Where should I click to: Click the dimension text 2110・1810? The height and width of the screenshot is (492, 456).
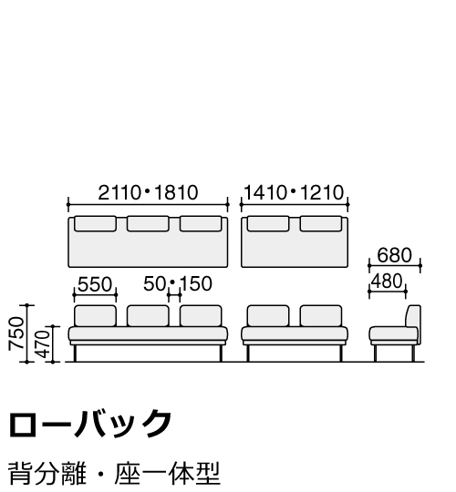(x=148, y=192)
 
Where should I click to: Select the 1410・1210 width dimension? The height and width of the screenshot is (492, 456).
(x=294, y=192)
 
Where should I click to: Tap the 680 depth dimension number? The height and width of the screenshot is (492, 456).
(x=395, y=255)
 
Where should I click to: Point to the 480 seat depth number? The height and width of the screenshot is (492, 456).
(x=387, y=282)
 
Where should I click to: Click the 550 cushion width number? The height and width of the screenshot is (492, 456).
(x=95, y=284)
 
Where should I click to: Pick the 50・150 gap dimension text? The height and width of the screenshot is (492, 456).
(x=178, y=284)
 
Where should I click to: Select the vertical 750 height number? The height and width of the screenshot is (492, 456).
(x=16, y=333)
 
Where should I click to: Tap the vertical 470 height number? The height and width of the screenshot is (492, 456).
(x=43, y=344)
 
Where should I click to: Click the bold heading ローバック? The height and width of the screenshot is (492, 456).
(x=90, y=424)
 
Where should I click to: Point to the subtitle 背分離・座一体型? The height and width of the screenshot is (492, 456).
(x=114, y=473)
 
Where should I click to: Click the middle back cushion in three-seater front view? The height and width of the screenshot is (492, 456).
(x=148, y=315)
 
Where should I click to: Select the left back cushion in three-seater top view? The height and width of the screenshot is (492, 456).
(x=95, y=223)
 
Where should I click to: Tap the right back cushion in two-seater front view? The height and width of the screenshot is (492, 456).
(x=321, y=315)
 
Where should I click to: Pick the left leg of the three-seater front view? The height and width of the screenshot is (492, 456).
(x=75, y=354)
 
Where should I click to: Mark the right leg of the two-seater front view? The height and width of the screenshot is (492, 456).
(x=341, y=354)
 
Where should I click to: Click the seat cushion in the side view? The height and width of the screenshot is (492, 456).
(x=393, y=333)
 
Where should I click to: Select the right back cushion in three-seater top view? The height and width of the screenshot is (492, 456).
(x=201, y=223)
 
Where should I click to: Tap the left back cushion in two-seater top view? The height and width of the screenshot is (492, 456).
(x=268, y=223)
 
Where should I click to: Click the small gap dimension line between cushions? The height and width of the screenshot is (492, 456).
(x=174, y=295)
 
